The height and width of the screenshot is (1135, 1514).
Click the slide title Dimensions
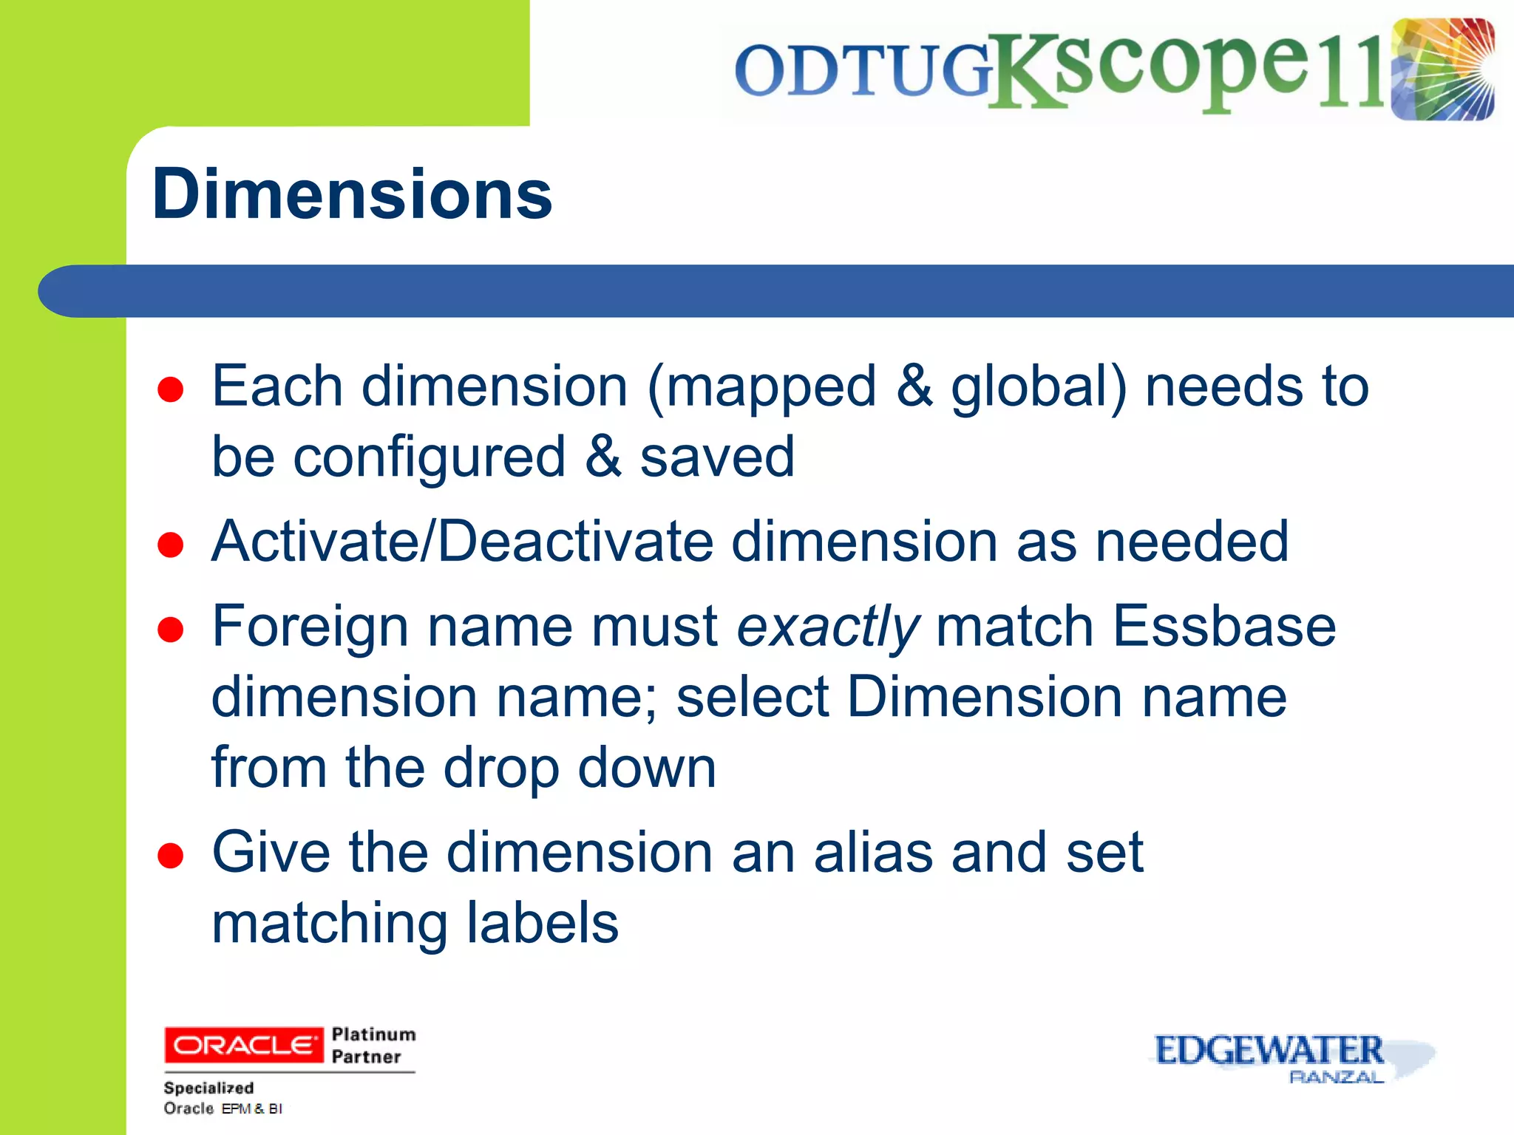coord(352,194)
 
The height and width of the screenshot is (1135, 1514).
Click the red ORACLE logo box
coord(243,1045)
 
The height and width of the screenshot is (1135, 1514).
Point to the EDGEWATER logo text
coord(1269,1050)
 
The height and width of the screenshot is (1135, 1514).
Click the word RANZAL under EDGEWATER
coord(1336,1077)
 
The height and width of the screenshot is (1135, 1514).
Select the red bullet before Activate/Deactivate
coord(171,545)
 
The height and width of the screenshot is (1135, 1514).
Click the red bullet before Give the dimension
coord(171,856)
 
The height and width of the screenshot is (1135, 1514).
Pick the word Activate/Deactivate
coord(462,542)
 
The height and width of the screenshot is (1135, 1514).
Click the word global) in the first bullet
coord(1039,387)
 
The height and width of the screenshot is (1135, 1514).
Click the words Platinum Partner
coord(373,1045)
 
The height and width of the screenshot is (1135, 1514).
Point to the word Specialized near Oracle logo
coord(208,1088)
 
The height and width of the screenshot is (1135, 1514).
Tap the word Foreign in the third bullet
coord(310,627)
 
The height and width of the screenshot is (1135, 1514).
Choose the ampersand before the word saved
coord(603,457)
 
